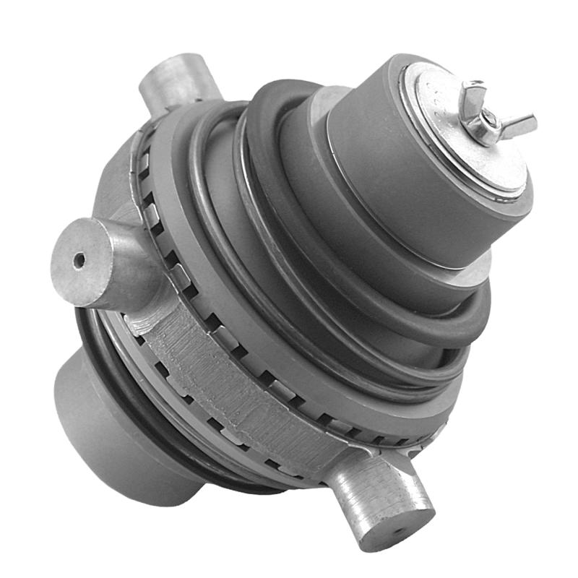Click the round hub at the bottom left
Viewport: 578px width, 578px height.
click(x=108, y=433)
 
